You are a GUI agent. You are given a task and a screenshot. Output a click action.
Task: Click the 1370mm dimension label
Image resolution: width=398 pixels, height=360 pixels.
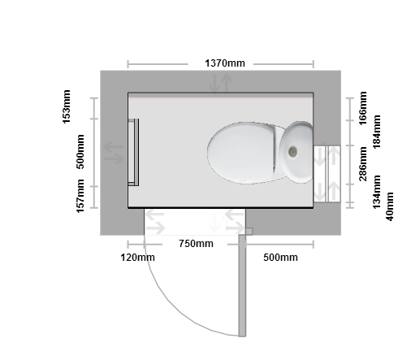[x=225, y=63]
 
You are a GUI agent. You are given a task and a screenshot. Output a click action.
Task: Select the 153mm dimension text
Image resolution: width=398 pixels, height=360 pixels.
[x=67, y=106]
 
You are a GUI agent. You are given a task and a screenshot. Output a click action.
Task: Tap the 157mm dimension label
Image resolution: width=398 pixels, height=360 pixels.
[x=80, y=196]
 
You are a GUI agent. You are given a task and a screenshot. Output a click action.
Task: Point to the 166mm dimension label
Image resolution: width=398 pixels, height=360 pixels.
[x=363, y=108]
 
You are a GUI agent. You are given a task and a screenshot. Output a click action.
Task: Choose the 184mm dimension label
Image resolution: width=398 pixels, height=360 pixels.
[x=377, y=132]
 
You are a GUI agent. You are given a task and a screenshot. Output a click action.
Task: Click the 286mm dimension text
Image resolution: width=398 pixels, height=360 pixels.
[x=363, y=164]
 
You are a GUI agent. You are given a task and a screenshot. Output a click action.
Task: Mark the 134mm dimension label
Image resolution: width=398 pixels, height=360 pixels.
[x=377, y=192]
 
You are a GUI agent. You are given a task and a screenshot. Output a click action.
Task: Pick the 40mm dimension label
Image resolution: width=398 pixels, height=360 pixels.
[x=389, y=206]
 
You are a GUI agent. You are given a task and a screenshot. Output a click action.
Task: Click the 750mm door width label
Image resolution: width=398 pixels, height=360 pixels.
[x=196, y=244]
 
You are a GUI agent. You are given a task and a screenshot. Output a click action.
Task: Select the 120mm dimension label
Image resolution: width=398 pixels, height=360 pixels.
[x=138, y=258]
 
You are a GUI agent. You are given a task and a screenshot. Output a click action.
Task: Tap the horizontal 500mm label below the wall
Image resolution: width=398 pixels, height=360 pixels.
[x=280, y=258]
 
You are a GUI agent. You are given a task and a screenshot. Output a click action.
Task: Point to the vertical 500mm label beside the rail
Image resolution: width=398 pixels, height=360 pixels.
[x=80, y=152]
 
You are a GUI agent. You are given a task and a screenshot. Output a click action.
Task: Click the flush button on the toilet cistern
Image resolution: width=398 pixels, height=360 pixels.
[x=292, y=152]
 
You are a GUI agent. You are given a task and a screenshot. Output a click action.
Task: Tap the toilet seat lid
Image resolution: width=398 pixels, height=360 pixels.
[x=241, y=153]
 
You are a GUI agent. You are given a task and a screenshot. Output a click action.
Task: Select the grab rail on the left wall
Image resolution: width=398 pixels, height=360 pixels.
[x=133, y=152]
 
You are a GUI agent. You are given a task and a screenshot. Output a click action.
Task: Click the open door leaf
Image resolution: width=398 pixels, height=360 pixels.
[x=242, y=285]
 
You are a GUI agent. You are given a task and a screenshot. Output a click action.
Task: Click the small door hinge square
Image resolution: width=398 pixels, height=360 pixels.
[x=249, y=232]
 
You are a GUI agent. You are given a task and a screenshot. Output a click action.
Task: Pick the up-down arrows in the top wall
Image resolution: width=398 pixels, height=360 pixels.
[x=221, y=83]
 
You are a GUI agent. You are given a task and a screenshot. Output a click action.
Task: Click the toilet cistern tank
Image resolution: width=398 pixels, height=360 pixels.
[x=296, y=152]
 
